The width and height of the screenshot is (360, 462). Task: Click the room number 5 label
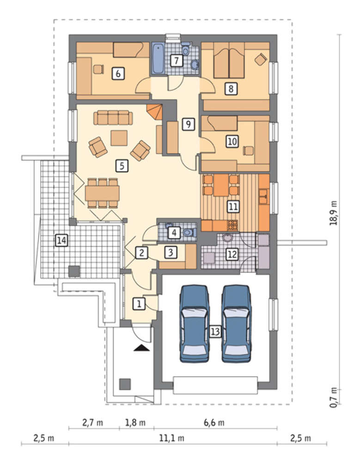(122, 166)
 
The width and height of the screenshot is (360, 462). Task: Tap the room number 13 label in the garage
(215, 332)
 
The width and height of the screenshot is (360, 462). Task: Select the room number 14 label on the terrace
(61, 240)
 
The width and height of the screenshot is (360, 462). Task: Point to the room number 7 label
(176, 61)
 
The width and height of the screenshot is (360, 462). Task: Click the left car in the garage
(195, 323)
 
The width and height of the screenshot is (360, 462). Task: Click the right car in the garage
(237, 323)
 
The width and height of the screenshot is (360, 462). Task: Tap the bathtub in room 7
(158, 58)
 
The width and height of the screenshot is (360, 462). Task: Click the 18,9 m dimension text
(334, 213)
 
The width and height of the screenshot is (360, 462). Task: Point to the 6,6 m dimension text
(214, 423)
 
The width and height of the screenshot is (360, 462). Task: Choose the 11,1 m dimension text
(172, 438)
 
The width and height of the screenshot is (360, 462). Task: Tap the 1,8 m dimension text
(135, 423)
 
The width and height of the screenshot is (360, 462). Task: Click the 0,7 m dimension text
(334, 397)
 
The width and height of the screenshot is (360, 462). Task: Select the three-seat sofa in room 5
(113, 117)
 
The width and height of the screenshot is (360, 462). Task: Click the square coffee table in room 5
(119, 138)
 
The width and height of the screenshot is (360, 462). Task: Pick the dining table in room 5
(102, 193)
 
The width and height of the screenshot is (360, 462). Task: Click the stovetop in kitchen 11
(232, 225)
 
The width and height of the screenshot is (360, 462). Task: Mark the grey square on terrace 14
(74, 271)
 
